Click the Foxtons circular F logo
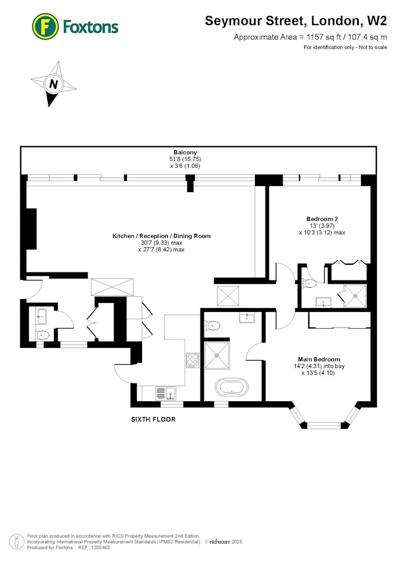[x=45, y=26]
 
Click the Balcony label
[x=185, y=152]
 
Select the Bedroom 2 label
[x=322, y=219]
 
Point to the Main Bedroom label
[x=319, y=359]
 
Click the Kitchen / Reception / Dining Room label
[x=162, y=236]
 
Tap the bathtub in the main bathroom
[x=231, y=388]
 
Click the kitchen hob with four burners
[x=192, y=360]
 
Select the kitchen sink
[x=166, y=393]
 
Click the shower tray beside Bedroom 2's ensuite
[x=355, y=296]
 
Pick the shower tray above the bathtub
[x=217, y=355]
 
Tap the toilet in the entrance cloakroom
[x=42, y=335]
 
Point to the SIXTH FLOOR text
[x=153, y=419]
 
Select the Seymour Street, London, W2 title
[x=296, y=21]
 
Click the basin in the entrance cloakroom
[x=42, y=316]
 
